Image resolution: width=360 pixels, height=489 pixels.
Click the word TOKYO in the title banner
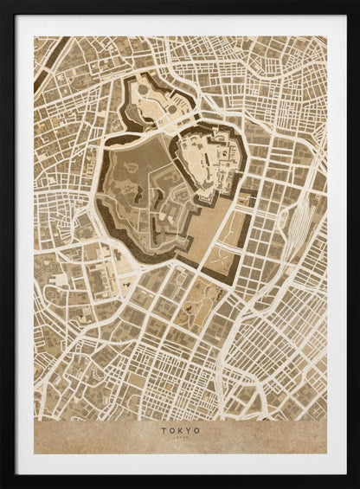[180, 428]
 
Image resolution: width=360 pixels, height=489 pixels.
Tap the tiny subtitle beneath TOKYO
[180, 437]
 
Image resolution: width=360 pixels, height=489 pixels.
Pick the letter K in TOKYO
[180, 428]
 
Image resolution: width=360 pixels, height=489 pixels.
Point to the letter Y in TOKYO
[189, 428]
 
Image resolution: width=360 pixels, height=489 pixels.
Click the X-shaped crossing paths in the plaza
[222, 257]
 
